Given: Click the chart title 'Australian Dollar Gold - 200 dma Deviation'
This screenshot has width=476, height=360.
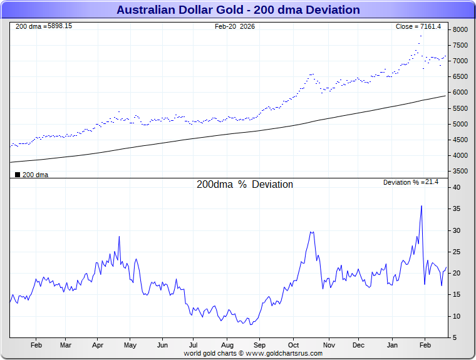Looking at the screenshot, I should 238,9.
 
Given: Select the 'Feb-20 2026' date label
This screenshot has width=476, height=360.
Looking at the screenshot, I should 235,26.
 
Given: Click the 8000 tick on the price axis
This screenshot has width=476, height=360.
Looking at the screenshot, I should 460,29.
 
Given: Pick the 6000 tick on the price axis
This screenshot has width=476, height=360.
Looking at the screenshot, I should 460,93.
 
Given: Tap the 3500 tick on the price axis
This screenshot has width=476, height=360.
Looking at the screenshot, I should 460,172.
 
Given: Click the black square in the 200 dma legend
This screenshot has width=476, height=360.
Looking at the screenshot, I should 18,175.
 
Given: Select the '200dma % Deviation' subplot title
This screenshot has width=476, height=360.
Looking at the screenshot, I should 245,185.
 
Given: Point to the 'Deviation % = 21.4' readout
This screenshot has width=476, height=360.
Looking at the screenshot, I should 411,182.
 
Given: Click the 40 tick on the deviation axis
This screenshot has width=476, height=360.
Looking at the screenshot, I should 457,188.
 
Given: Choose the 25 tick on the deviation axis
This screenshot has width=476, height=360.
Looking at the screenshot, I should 457,252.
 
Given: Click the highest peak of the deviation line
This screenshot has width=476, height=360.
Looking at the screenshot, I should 421,206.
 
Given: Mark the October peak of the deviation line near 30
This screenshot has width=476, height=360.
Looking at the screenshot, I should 311,232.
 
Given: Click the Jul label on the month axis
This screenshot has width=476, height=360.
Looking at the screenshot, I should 194,345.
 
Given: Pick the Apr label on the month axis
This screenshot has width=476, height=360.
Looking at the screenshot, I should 98,345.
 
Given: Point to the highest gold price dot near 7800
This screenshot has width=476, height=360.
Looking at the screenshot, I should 421,36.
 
